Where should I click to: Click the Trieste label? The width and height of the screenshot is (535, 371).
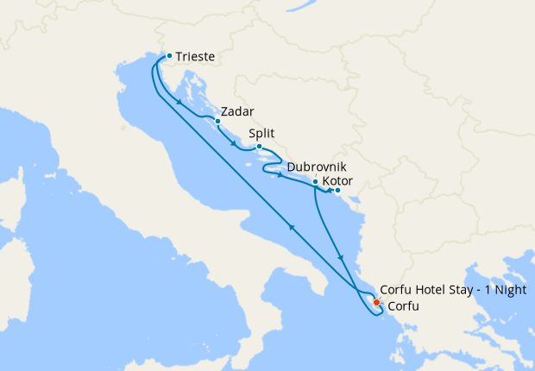pyautogui.click(x=195, y=58)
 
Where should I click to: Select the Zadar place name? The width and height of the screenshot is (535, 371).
pyautogui.click(x=237, y=111)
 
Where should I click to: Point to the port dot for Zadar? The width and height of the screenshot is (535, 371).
pyautogui.click(x=218, y=121)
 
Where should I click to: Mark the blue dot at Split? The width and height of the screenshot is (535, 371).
pyautogui.click(x=260, y=146)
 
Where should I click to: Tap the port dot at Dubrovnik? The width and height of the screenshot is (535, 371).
pyautogui.click(x=315, y=181)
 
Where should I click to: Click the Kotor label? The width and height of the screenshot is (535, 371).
pyautogui.click(x=337, y=182)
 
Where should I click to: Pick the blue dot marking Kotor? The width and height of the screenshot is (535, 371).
pyautogui.click(x=337, y=191)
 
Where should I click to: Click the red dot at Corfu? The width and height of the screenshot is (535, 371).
pyautogui.click(x=377, y=301)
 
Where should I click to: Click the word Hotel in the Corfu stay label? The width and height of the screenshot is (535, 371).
pyautogui.click(x=432, y=290)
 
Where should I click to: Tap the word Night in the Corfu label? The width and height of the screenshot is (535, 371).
pyautogui.click(x=509, y=290)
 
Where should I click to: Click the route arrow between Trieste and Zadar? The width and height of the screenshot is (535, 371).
pyautogui.click(x=179, y=104)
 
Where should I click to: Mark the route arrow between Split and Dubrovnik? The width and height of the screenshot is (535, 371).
pyautogui.click(x=280, y=176)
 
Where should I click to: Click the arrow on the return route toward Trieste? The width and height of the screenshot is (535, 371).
pyautogui.click(x=292, y=226)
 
